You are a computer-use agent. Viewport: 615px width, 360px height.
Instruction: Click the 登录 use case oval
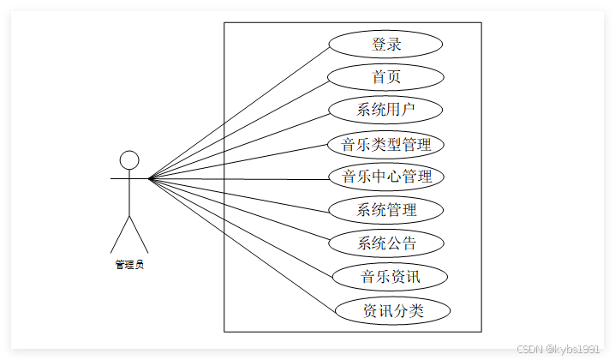386,44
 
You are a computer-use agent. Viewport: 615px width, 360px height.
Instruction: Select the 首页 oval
386,77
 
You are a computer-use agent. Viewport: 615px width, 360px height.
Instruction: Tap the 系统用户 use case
386,110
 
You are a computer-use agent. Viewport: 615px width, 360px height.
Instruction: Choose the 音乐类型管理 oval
386,144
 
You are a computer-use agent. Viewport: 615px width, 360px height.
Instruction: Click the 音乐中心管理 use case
386,177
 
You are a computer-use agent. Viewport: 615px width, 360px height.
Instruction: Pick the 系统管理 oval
386,210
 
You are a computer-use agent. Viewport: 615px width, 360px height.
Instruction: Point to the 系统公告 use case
386,243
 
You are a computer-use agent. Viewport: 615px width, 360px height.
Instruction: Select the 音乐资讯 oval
391,277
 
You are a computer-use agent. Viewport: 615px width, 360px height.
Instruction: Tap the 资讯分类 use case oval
392,310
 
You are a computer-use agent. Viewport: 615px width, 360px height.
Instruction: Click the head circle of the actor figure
129,160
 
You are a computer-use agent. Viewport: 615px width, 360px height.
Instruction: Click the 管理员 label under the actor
129,265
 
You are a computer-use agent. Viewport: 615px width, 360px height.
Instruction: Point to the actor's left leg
120,235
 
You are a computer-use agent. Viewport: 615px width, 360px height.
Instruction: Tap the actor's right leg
139,235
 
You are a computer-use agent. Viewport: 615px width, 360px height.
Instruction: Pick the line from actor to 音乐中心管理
240,178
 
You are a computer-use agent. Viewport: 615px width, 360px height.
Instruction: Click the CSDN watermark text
558,349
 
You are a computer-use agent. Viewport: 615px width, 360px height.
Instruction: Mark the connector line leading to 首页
239,128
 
